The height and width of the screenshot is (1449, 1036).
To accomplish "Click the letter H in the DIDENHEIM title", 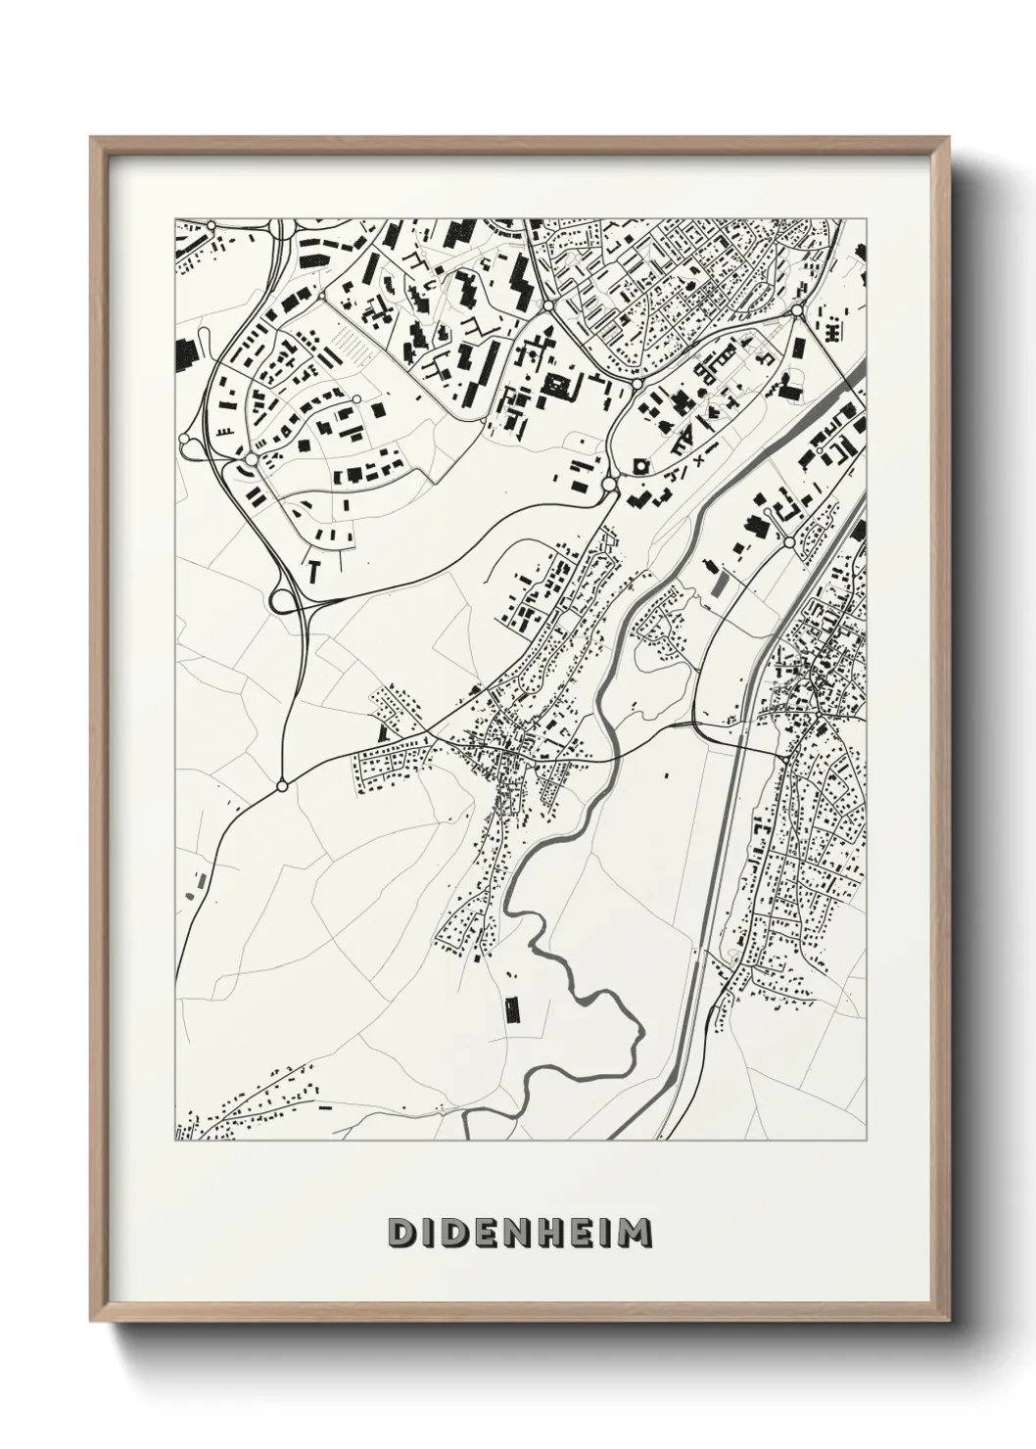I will [546, 1233].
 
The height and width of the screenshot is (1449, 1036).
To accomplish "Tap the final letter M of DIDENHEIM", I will [636, 1233].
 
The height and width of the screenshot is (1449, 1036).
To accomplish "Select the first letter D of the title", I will [401, 1233].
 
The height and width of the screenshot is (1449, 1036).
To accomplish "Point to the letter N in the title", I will [512, 1233].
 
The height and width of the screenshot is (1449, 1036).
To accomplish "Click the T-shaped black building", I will [313, 568].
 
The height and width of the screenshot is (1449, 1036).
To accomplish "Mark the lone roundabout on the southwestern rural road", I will [282, 785].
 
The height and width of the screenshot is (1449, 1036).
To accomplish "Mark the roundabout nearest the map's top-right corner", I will [797, 311].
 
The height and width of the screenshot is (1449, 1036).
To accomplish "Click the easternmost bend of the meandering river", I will [642, 1032].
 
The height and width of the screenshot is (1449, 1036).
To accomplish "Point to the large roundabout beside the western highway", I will [252, 458].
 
